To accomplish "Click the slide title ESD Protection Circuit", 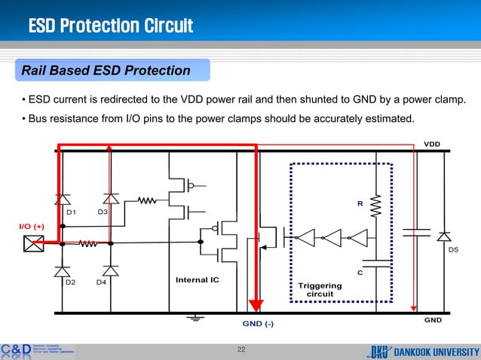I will (x=111, y=28).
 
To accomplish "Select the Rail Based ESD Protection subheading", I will (x=105, y=71).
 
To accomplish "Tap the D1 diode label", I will (x=72, y=212).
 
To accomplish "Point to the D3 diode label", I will (x=103, y=212).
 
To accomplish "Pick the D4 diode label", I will (x=101, y=282).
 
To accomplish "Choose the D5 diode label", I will (x=453, y=249).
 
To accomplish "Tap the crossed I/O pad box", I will (x=33, y=243).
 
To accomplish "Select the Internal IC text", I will (x=198, y=279).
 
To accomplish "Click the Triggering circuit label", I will (x=320, y=290).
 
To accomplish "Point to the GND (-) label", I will (x=257, y=324).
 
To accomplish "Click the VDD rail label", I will (x=431, y=143).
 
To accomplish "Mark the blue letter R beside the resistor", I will (x=360, y=204).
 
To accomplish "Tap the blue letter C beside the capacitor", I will (x=360, y=273).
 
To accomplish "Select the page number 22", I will (x=241, y=349).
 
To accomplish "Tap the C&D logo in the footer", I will (x=15, y=350).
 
